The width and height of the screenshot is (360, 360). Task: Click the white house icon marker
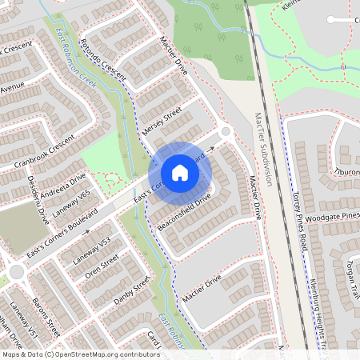pos(179,173)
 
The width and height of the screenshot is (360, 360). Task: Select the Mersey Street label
pos(162,119)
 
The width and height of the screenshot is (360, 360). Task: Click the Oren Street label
pos(102,267)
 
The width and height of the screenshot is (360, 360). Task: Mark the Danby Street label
pos(133,294)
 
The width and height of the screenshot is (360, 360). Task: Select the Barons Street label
pos(46,318)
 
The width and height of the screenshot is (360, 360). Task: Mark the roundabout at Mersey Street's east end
pos(226,130)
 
